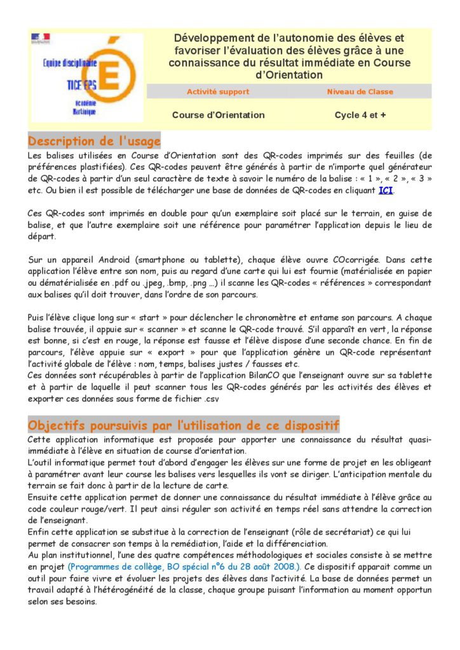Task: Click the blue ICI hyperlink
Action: (386, 190)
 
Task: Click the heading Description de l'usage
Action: (95, 140)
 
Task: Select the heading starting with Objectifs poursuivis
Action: (184, 425)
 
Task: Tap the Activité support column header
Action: (218, 91)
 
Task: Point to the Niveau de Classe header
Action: (360, 91)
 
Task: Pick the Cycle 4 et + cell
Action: (360, 115)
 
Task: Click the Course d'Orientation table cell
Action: (218, 115)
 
